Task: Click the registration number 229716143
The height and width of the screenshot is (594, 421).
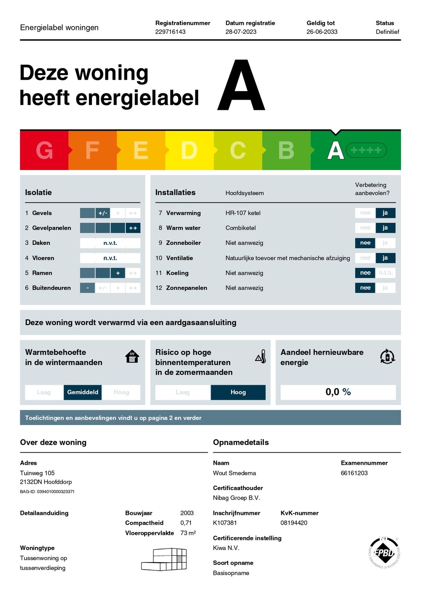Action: [170, 32]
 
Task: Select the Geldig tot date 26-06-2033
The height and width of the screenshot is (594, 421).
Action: [322, 32]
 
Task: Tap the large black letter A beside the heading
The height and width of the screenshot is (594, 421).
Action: [241, 86]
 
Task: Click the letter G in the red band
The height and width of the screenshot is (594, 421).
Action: [44, 150]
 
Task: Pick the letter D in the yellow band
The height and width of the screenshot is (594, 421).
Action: [189, 150]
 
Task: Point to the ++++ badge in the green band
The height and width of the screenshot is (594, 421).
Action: [366, 150]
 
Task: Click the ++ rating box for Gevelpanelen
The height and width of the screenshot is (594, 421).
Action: [133, 228]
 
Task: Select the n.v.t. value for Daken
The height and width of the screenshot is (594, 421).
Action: [110, 243]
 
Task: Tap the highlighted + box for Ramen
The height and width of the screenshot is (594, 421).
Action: [118, 273]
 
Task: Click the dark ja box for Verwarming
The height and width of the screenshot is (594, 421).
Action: [385, 213]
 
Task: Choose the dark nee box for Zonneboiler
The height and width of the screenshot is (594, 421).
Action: [365, 243]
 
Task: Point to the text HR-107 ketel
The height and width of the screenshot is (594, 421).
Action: [243, 213]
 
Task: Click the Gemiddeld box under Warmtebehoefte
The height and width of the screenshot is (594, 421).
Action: [83, 392]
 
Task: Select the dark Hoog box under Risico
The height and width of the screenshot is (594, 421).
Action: [238, 392]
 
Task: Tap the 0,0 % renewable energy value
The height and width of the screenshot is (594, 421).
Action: [338, 392]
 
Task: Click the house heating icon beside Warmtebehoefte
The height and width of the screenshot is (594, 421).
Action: [132, 356]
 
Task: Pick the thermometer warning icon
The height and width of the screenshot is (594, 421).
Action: [261, 357]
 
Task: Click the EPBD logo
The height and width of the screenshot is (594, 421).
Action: [384, 552]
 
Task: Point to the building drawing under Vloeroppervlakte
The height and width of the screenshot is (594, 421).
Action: [164, 559]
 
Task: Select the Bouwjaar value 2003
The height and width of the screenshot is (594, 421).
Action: [187, 513]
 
